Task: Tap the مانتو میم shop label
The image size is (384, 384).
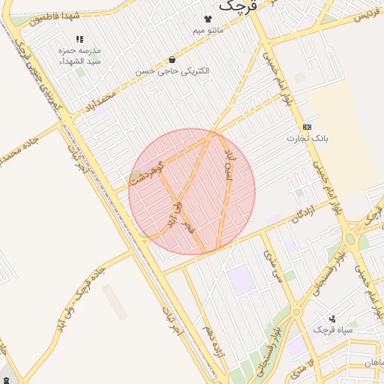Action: (208, 30)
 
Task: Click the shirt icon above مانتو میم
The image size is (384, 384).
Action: (208, 19)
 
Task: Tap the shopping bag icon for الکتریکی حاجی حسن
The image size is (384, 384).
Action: (172, 59)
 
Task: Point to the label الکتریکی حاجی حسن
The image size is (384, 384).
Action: (172, 70)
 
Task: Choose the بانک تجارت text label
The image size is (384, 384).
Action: (307, 139)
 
